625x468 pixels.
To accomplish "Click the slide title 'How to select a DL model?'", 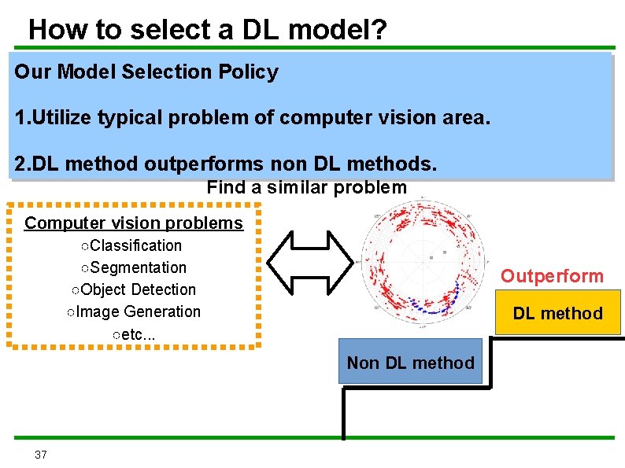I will pyautogui.click(x=208, y=29).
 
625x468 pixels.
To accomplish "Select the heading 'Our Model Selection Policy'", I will pyautogui.click(x=146, y=72).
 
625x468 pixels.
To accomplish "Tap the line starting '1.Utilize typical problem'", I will pyautogui.click(x=252, y=118).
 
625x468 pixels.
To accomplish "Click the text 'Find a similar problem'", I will pyautogui.click(x=306, y=188).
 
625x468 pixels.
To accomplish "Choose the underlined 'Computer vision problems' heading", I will pyautogui.click(x=134, y=223).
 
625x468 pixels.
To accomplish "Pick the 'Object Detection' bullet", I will pyautogui.click(x=133, y=289).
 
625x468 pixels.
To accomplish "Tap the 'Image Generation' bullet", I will pyautogui.click(x=133, y=311).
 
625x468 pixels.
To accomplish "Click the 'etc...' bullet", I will pyautogui.click(x=133, y=333).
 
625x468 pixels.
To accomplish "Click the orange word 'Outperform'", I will pyautogui.click(x=552, y=276).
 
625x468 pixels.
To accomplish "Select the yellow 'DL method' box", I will pyautogui.click(x=557, y=313).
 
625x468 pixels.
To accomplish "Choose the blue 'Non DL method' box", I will pyautogui.click(x=410, y=363).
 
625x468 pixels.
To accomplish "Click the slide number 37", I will pyautogui.click(x=41, y=455).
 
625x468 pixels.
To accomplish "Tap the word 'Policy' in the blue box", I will pyautogui.click(x=252, y=72).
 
